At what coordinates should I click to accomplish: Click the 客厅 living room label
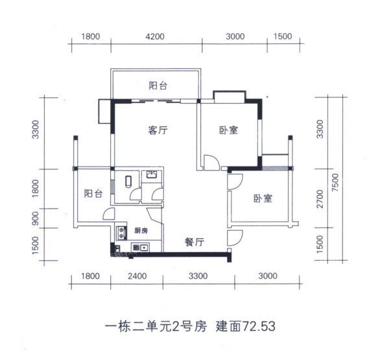[158, 130]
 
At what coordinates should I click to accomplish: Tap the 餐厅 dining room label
[194, 242]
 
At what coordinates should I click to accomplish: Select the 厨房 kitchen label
[141, 231]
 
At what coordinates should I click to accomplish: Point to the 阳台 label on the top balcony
[158, 86]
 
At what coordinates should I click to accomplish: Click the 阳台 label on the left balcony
[93, 194]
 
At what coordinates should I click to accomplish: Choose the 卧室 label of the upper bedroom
[228, 130]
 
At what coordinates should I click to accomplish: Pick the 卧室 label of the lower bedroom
[263, 198]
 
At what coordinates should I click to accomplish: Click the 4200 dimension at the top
[155, 36]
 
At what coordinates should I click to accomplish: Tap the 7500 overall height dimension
[335, 182]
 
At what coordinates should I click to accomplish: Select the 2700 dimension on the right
[320, 199]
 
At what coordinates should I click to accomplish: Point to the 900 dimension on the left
[36, 218]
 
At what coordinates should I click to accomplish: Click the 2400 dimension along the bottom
[137, 276]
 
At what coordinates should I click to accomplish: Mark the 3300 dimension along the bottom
[198, 276]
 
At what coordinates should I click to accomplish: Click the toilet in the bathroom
[128, 181]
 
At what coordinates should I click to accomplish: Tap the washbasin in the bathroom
[151, 174]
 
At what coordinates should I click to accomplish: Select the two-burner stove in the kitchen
[121, 233]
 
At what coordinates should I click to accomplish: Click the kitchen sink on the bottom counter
[141, 248]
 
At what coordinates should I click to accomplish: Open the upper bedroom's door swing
[211, 163]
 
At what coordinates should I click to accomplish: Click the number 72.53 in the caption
[259, 326]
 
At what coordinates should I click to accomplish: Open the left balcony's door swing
[109, 214]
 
